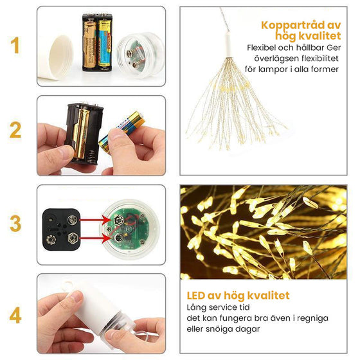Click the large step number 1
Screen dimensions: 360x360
click(15, 45)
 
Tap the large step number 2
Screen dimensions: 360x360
click(15, 130)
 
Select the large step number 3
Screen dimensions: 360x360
click(15, 223)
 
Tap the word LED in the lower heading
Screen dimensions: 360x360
click(195, 296)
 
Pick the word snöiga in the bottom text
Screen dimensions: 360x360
click(220, 329)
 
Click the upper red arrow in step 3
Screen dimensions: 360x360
click(95, 220)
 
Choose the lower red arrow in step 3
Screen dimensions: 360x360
click(95, 238)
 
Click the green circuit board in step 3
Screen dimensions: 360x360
click(127, 229)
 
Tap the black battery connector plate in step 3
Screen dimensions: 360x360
click(61, 229)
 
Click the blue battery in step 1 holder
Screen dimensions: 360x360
click(105, 44)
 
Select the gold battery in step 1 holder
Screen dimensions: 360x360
click(89, 44)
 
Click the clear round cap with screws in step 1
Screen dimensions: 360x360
click(139, 55)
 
